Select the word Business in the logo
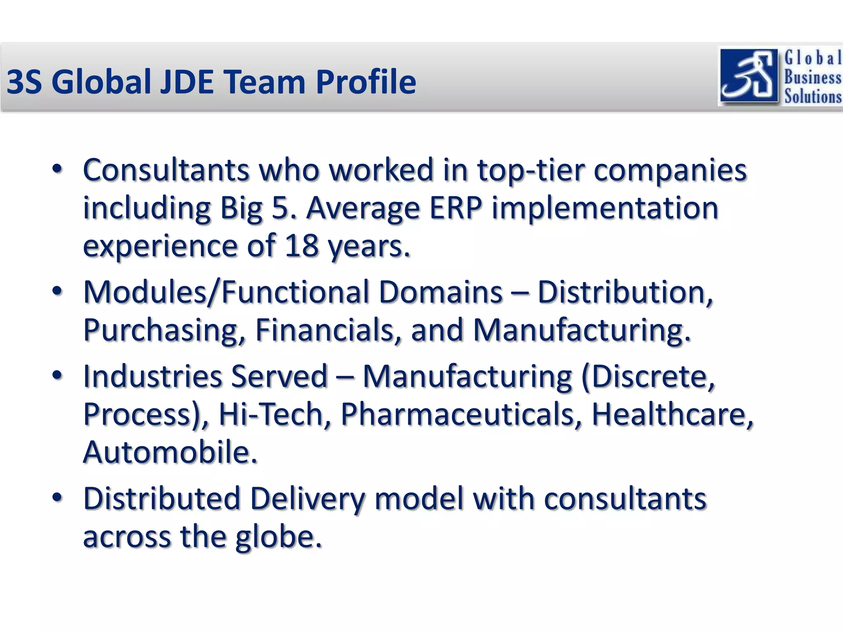coord(812,77)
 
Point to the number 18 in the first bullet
coord(301,246)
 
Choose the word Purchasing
coord(161,330)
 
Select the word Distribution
coord(625,292)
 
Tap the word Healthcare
coord(672,414)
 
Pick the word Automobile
coord(170,452)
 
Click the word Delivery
coord(307,499)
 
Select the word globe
coord(278,537)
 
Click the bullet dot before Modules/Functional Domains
coord(57,291)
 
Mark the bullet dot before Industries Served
coord(57,375)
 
